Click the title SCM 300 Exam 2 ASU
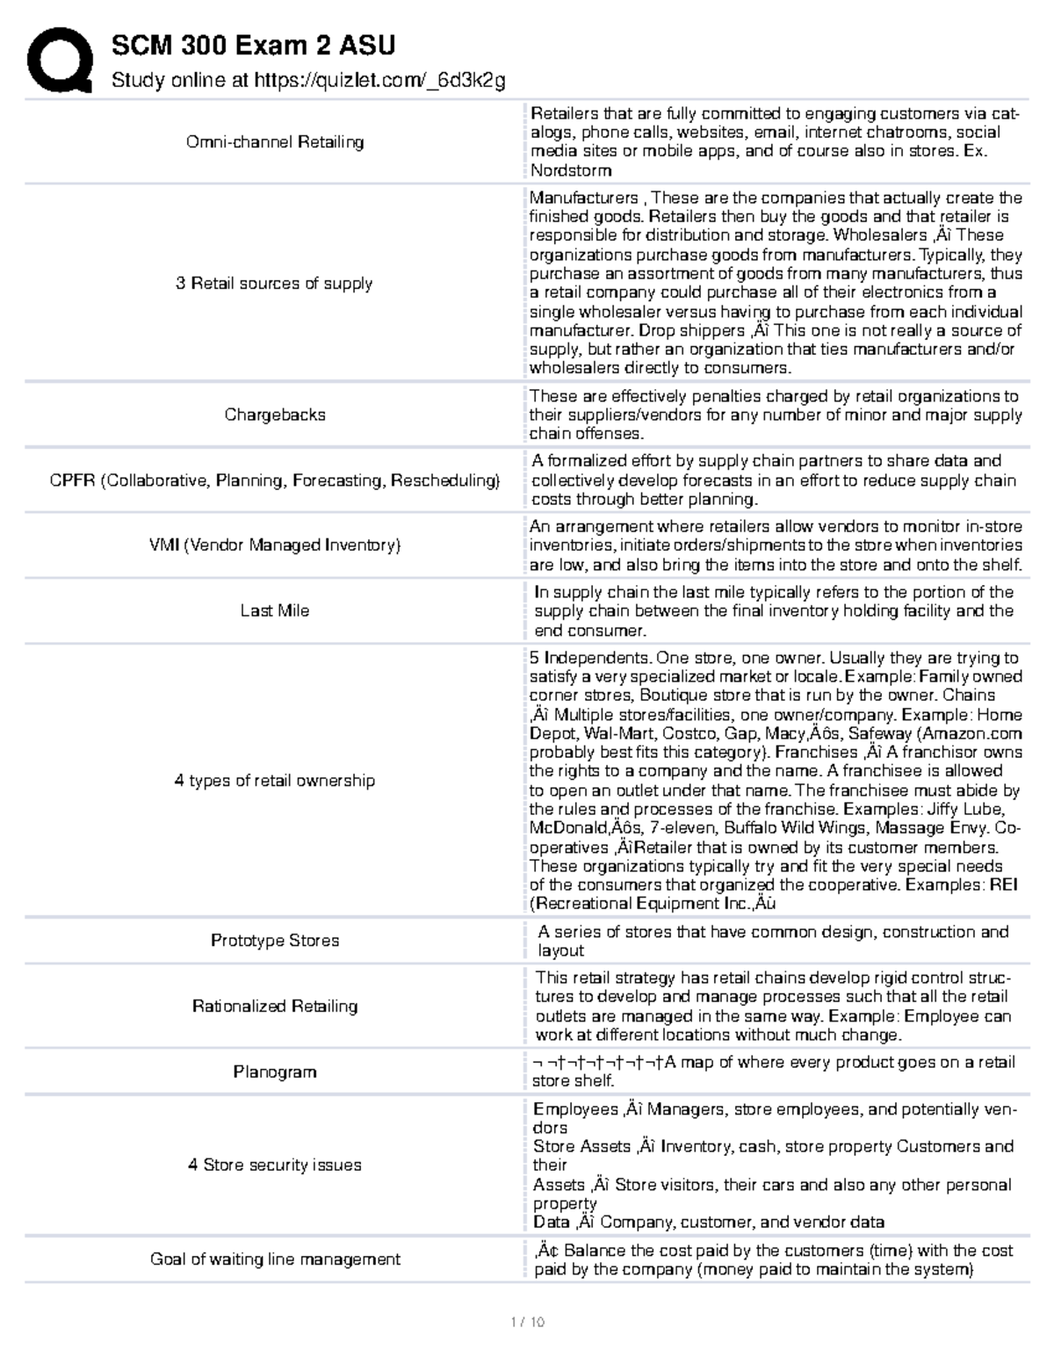(253, 45)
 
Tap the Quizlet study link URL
(379, 81)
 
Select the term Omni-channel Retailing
(275, 142)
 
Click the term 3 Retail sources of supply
(274, 284)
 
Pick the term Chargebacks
(275, 415)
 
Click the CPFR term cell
(275, 480)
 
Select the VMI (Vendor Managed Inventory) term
(275, 545)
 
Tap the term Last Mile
(275, 610)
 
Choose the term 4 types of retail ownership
(275, 781)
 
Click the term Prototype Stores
(275, 941)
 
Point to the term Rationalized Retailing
(275, 1007)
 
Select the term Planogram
(275, 1072)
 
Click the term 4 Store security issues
(275, 1166)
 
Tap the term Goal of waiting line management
(275, 1259)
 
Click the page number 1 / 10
(527, 1322)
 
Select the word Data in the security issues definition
(552, 1223)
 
